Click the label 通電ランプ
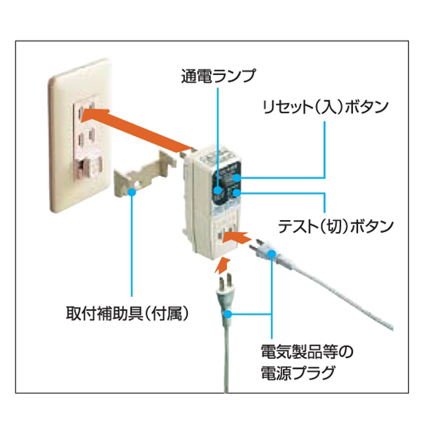click(218, 76)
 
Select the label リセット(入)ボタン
click(325, 107)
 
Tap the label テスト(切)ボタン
click(336, 226)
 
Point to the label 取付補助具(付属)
click(127, 313)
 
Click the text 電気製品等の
click(307, 352)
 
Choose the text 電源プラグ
click(297, 372)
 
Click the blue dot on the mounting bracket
click(132, 192)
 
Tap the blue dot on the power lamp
click(218, 190)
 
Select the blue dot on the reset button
click(236, 178)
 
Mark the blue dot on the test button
click(236, 193)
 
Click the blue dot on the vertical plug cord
click(228, 314)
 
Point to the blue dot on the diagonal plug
click(272, 253)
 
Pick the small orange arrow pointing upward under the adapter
click(222, 265)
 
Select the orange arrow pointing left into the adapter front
click(236, 237)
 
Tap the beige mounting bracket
click(145, 176)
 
